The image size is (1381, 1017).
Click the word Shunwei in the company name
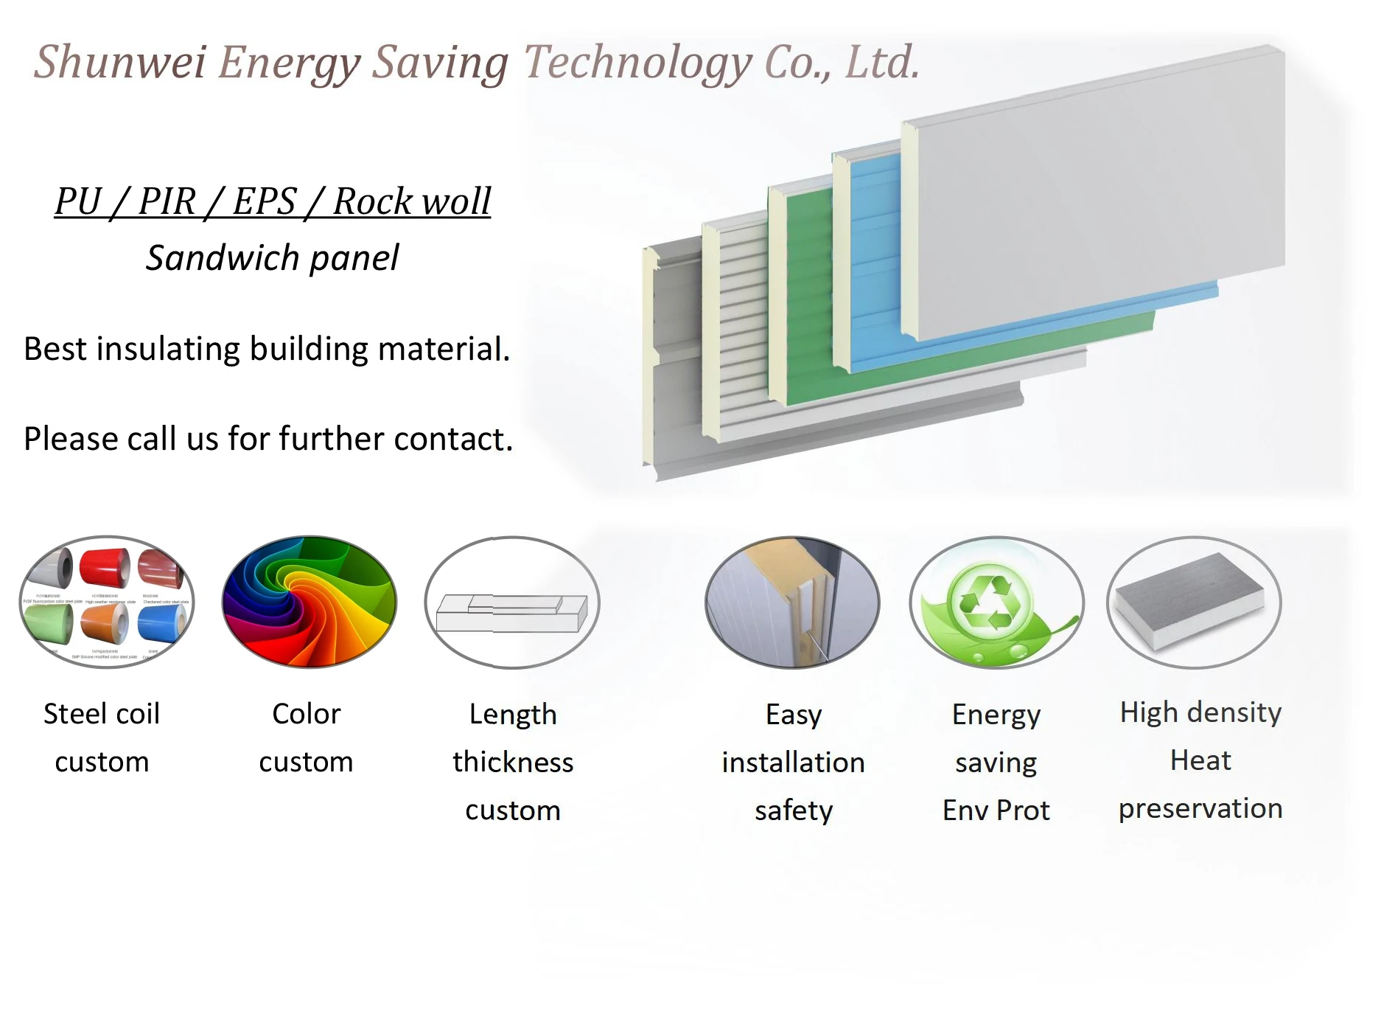pyautogui.click(x=120, y=62)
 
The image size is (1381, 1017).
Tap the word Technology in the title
pyautogui.click(x=637, y=62)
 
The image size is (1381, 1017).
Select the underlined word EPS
pyautogui.click(x=264, y=201)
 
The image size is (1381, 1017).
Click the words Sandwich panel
pyautogui.click(x=272, y=258)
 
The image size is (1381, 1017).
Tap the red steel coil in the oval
pyautogui.click(x=104, y=569)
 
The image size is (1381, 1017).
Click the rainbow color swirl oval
pyautogui.click(x=309, y=602)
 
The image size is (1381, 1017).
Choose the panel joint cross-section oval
pyautogui.click(x=793, y=602)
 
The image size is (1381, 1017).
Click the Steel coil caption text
pyautogui.click(x=102, y=714)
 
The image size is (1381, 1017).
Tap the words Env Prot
pyautogui.click(x=996, y=811)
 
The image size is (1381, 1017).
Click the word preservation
pyautogui.click(x=1200, y=809)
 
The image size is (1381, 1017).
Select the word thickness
pyautogui.click(x=513, y=763)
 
